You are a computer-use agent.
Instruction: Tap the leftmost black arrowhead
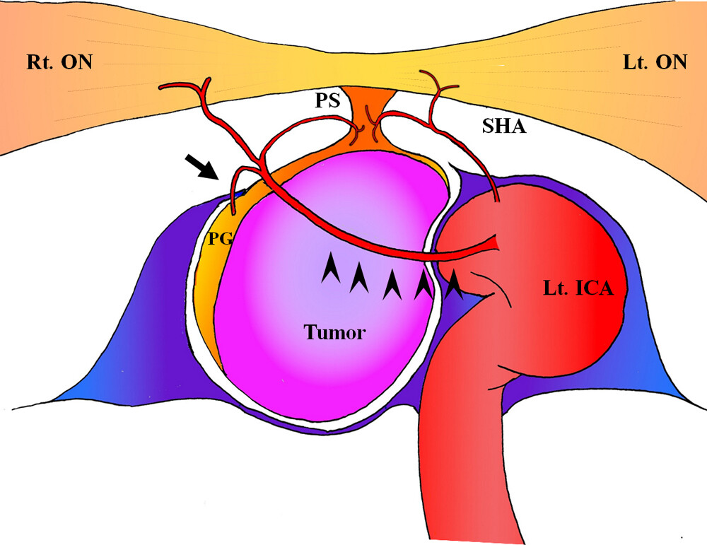point(329,270)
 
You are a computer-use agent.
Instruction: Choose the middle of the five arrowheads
point(391,283)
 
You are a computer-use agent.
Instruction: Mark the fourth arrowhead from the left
point(422,283)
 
